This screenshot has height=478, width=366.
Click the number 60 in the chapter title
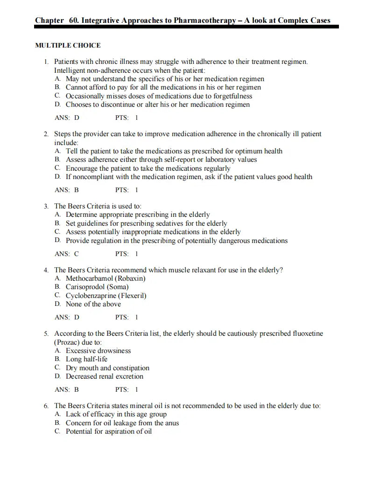pyautogui.click(x=73, y=20)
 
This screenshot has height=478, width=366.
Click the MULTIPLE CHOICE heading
pyautogui.click(x=68, y=45)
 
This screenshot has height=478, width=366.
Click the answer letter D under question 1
pyautogui.click(x=77, y=118)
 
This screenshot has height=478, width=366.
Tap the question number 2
pyautogui.click(x=46, y=134)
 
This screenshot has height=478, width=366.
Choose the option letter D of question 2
pyautogui.click(x=57, y=177)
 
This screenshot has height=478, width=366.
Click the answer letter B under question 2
pyautogui.click(x=77, y=190)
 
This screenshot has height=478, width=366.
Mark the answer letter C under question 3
pyautogui.click(x=77, y=254)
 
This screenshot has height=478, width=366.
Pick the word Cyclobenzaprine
pyautogui.click(x=91, y=296)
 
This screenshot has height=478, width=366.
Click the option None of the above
pyautogui.click(x=93, y=304)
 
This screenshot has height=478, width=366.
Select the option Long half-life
pyautogui.click(x=86, y=359)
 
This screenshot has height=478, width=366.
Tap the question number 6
pyautogui.click(x=46, y=406)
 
